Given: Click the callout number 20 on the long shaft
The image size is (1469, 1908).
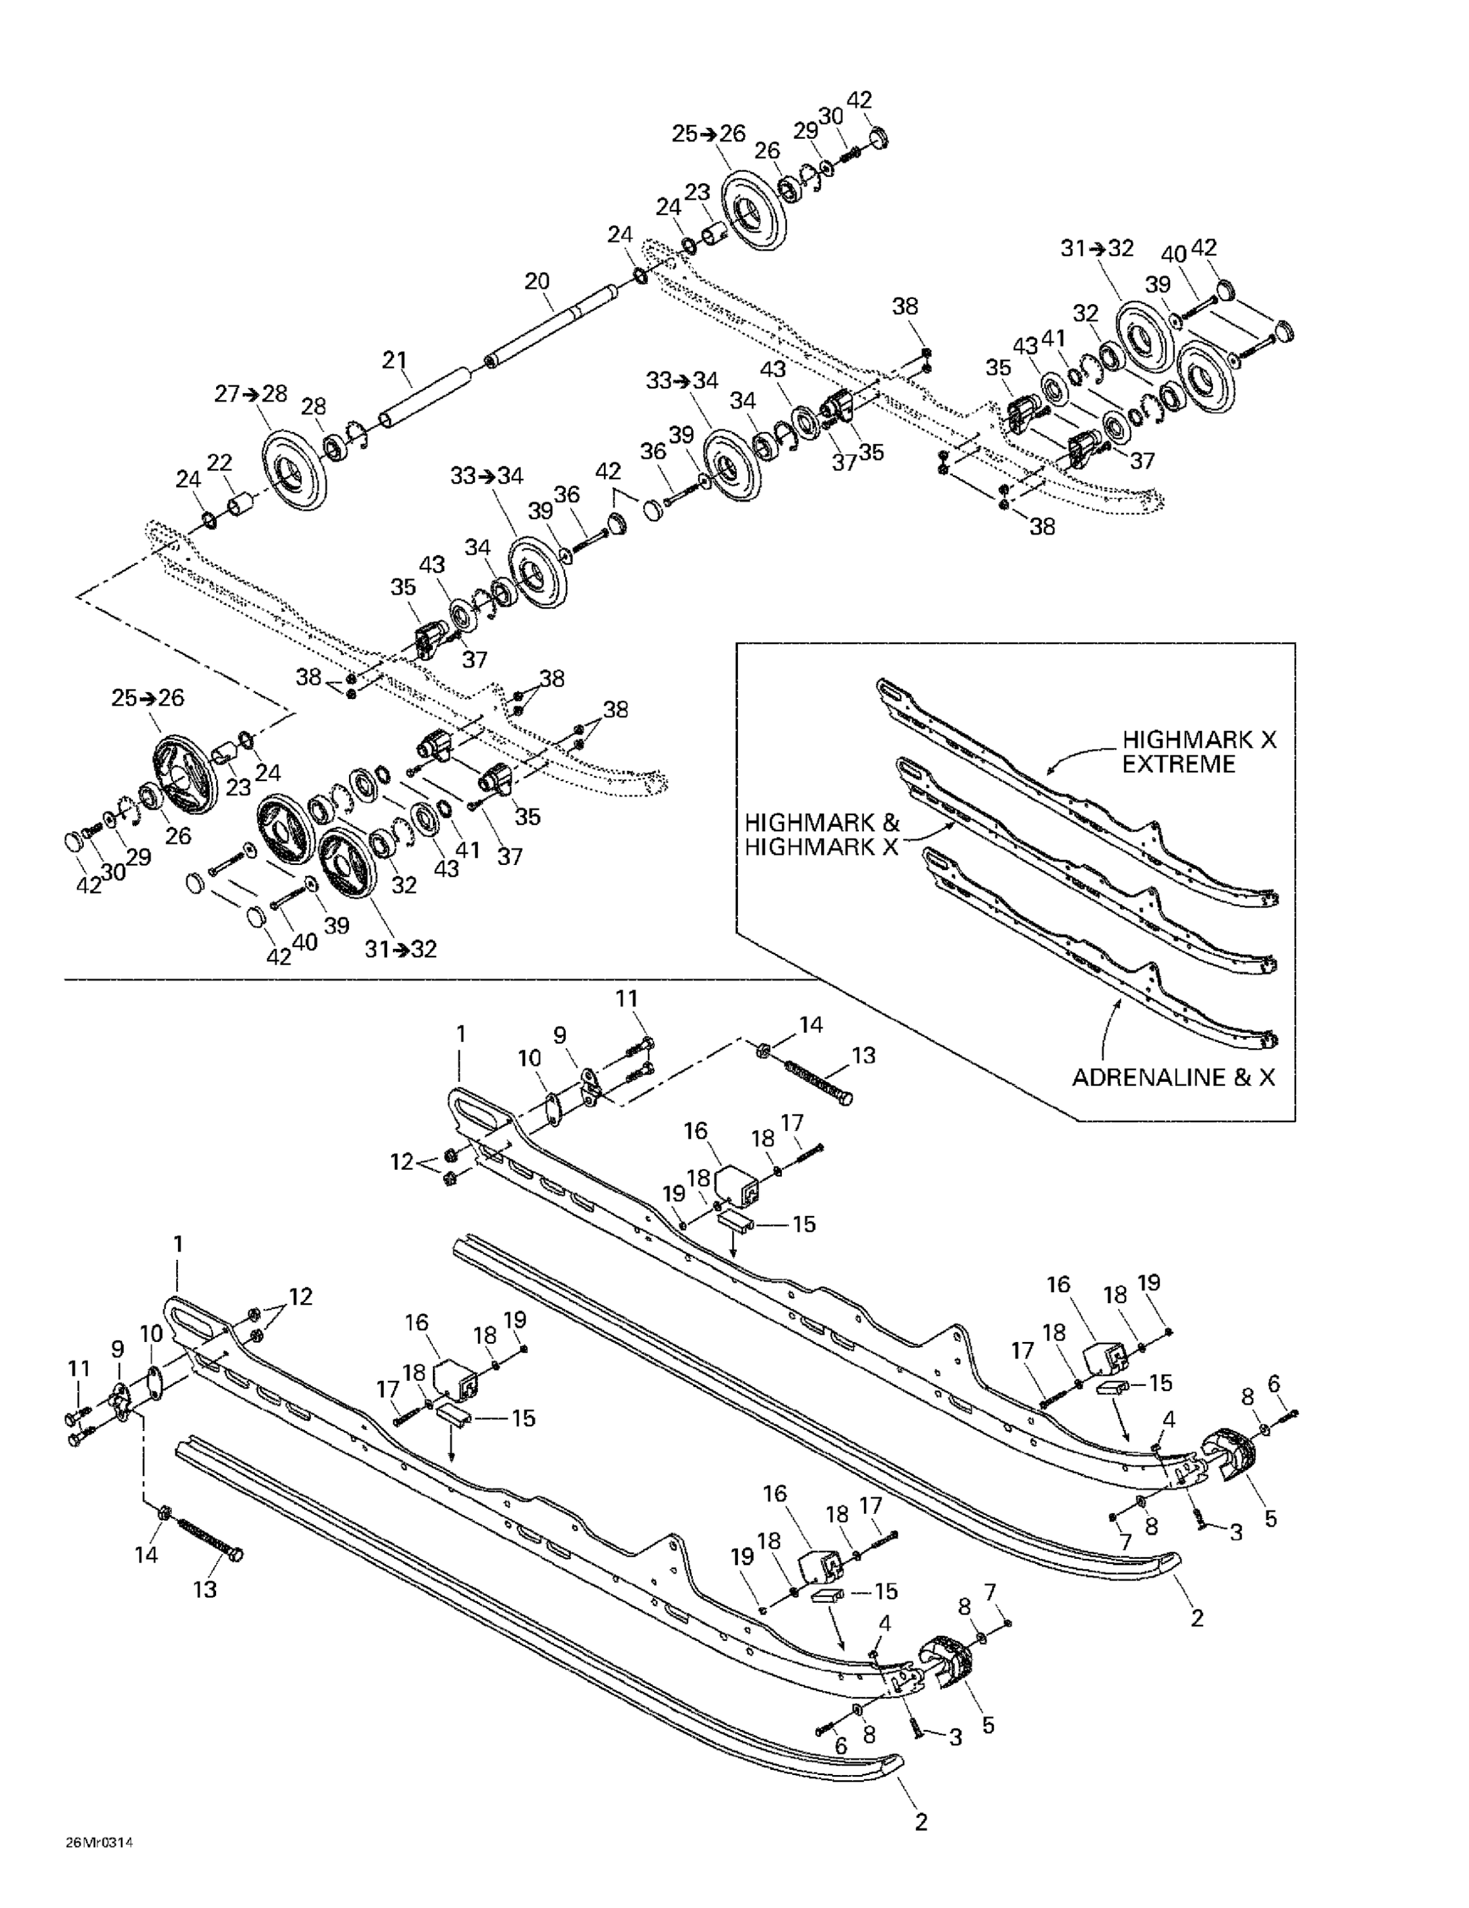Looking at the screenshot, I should click(x=537, y=281).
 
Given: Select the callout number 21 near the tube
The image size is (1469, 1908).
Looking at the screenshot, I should click(x=395, y=359).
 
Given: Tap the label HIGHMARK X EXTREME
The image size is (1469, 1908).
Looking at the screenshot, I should click(x=1198, y=751).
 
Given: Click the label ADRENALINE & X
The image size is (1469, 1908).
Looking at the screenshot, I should click(x=1173, y=1077).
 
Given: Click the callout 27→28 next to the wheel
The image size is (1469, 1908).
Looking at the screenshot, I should click(x=250, y=394).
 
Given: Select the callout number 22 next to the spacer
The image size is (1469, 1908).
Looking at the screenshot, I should click(x=220, y=461).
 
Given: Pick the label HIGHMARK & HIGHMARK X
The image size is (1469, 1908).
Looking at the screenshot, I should click(x=822, y=834).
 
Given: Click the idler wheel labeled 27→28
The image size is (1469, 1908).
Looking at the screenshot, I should click(x=294, y=467).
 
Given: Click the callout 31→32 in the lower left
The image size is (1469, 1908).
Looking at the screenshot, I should click(x=401, y=949).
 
